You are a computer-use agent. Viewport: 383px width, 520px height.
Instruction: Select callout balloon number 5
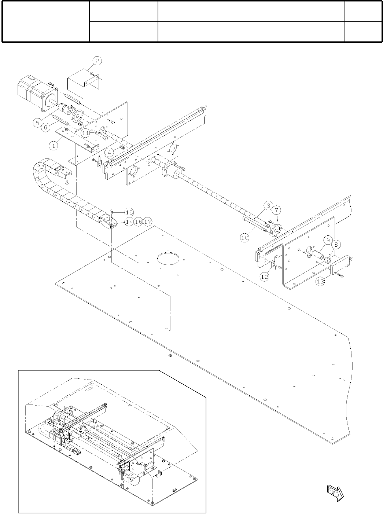click(38, 122)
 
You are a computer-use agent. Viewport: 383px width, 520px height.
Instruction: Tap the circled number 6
click(46, 127)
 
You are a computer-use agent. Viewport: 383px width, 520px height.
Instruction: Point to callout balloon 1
click(54, 145)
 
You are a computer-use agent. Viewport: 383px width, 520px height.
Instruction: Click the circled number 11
click(85, 133)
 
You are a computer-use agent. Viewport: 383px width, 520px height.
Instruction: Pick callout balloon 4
click(108, 151)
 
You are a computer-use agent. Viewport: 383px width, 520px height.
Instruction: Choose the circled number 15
click(129, 212)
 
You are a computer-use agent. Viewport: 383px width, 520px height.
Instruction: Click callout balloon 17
click(148, 222)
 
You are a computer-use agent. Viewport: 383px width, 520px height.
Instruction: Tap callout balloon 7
click(277, 210)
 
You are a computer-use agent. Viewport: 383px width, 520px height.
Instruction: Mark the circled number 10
click(244, 238)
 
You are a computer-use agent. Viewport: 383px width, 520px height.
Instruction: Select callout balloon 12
click(265, 277)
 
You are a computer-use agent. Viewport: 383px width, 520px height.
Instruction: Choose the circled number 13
click(320, 282)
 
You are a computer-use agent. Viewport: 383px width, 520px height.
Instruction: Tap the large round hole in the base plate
click(167, 258)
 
